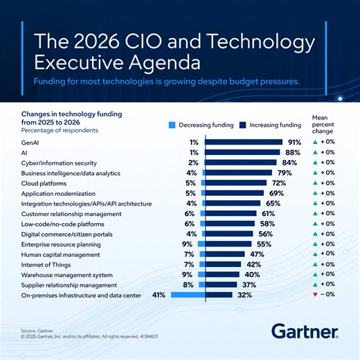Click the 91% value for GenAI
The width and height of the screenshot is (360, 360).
295,142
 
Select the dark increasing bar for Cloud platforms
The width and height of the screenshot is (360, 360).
236,183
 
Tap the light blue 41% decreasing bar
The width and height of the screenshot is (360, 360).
188,295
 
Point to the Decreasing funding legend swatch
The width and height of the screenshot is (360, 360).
172,125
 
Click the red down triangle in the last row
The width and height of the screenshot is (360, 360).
315,295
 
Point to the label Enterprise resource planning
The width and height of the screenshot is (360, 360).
61,244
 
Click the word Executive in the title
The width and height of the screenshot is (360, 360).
75,64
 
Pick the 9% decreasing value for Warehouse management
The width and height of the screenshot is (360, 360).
187,275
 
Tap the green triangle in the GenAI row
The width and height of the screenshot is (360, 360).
315,142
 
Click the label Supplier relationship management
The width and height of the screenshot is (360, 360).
69,285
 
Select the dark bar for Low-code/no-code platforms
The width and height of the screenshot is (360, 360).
232,224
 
